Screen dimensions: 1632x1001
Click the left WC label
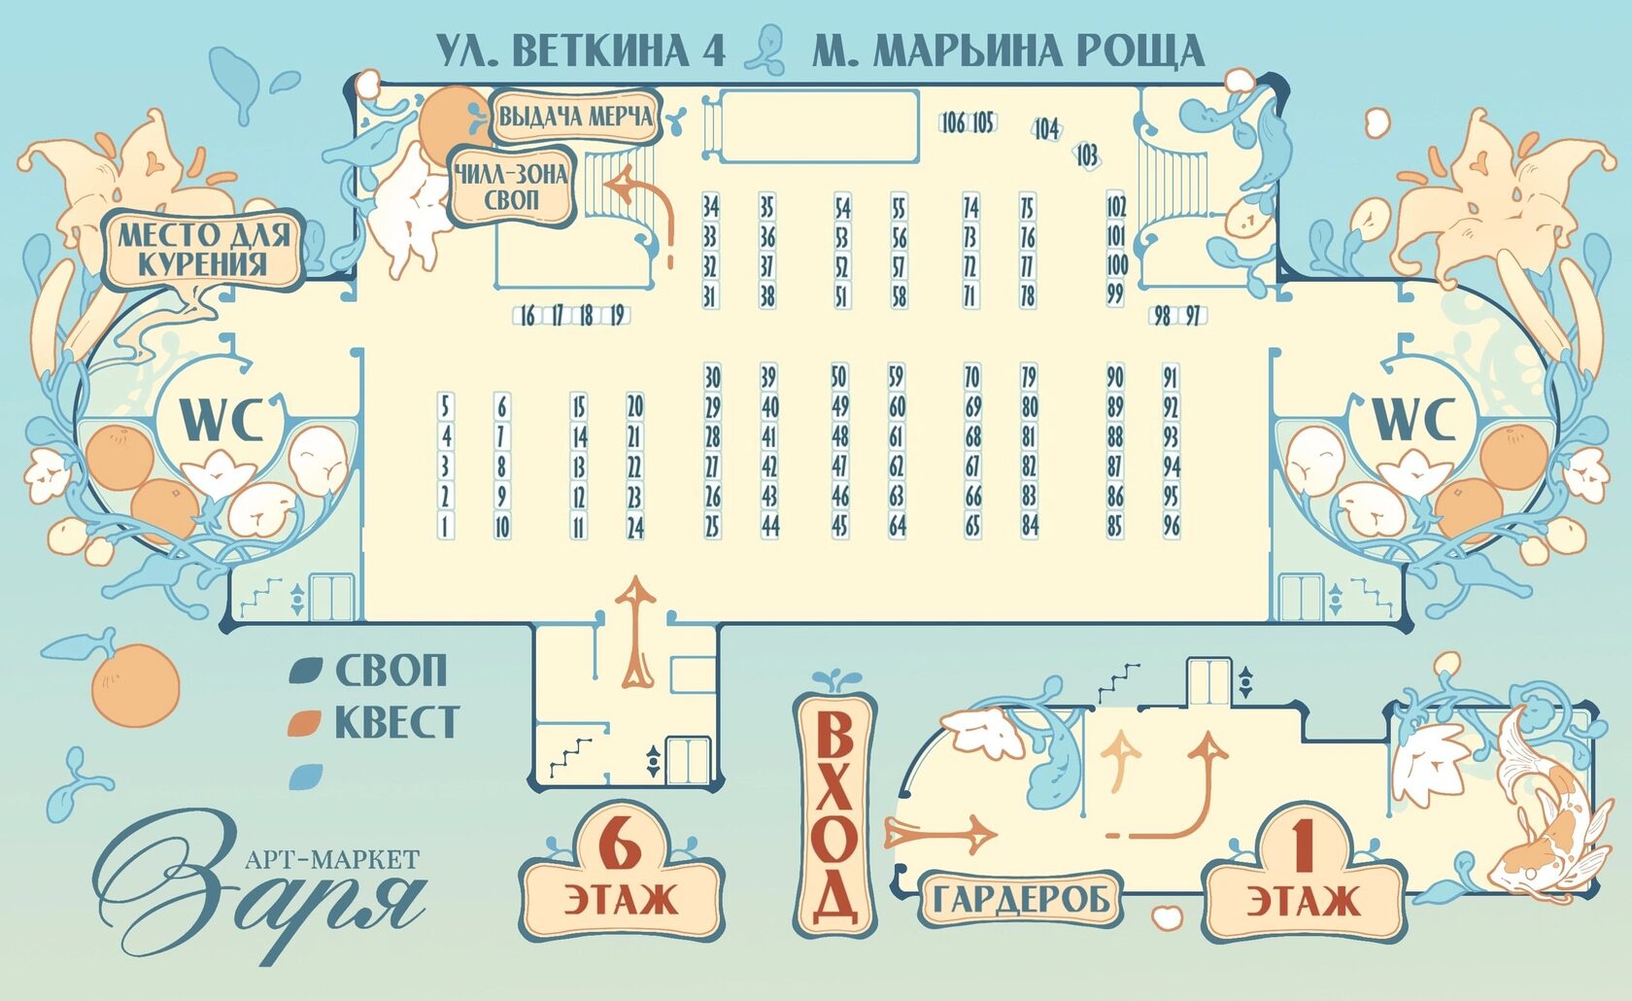pos(221,420)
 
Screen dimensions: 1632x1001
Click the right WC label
pos(1412,420)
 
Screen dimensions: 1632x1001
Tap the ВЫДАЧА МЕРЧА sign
pos(575,117)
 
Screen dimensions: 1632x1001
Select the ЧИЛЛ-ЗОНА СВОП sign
pos(511,187)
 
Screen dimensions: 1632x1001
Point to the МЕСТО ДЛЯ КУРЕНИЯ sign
pos(204,249)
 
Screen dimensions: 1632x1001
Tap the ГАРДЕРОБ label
pos(1020,899)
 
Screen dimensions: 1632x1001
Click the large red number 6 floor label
pos(621,844)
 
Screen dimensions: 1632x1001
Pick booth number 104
pos(1045,128)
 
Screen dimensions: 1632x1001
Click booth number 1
pos(445,526)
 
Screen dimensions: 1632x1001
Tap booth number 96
pos(1172,526)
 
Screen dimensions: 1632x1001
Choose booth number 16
pos(527,315)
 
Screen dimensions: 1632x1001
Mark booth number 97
pos(1193,315)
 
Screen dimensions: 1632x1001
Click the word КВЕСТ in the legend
pos(395,722)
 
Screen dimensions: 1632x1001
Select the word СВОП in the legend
pos(391,671)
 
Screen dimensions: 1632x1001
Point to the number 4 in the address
pos(714,51)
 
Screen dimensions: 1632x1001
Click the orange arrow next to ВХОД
pos(940,833)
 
